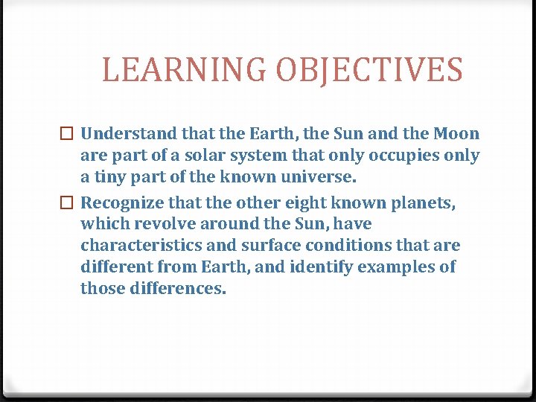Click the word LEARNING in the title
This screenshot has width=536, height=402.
pyautogui.click(x=184, y=70)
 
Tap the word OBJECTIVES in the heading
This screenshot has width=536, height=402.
pyautogui.click(x=368, y=70)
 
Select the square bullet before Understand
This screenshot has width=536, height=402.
pyautogui.click(x=68, y=135)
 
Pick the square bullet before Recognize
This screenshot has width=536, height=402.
pyautogui.click(x=68, y=202)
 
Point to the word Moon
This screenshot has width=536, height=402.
pyautogui.click(x=456, y=134)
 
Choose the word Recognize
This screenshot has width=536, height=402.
pyautogui.click(x=118, y=202)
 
